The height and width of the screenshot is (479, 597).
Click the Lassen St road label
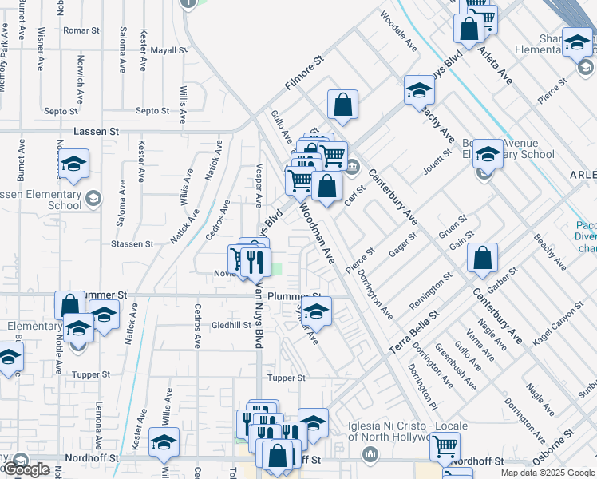[x=96, y=131]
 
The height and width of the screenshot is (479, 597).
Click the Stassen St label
[x=132, y=243]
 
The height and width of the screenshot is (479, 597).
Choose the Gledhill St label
[x=231, y=326]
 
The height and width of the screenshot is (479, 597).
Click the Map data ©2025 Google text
[x=548, y=473]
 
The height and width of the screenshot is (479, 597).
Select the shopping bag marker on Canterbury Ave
[x=482, y=259]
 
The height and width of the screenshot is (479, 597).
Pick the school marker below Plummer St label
[x=316, y=313]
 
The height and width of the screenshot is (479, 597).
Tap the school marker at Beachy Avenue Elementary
[x=487, y=155]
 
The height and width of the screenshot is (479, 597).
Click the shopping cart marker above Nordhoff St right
[x=445, y=447]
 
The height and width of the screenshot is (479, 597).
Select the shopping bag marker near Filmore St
[x=342, y=105]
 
